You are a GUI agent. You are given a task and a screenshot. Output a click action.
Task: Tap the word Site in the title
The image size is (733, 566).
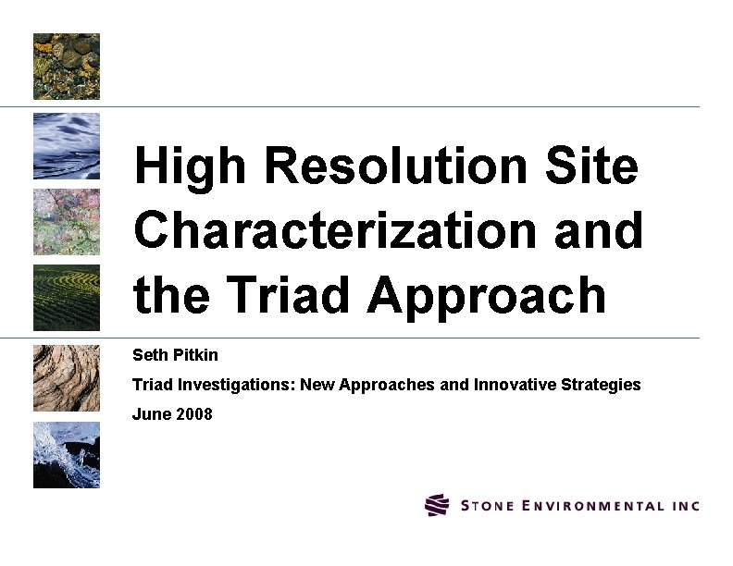click(593, 167)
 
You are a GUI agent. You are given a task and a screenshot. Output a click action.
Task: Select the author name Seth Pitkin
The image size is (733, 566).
click(176, 355)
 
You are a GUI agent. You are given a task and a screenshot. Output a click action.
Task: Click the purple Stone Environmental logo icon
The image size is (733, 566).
click(437, 505)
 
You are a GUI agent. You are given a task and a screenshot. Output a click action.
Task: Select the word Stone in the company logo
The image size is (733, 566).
click(484, 506)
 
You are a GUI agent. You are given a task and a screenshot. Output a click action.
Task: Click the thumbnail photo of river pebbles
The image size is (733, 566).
click(67, 67)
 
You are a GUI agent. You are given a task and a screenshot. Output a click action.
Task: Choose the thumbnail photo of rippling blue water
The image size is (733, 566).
click(67, 145)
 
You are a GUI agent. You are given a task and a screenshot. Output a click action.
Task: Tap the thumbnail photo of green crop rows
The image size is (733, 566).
click(67, 298)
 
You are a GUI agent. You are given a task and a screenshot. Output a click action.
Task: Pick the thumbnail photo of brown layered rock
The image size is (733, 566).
click(67, 377)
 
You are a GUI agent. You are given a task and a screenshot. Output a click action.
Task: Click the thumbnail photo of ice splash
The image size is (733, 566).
click(67, 455)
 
